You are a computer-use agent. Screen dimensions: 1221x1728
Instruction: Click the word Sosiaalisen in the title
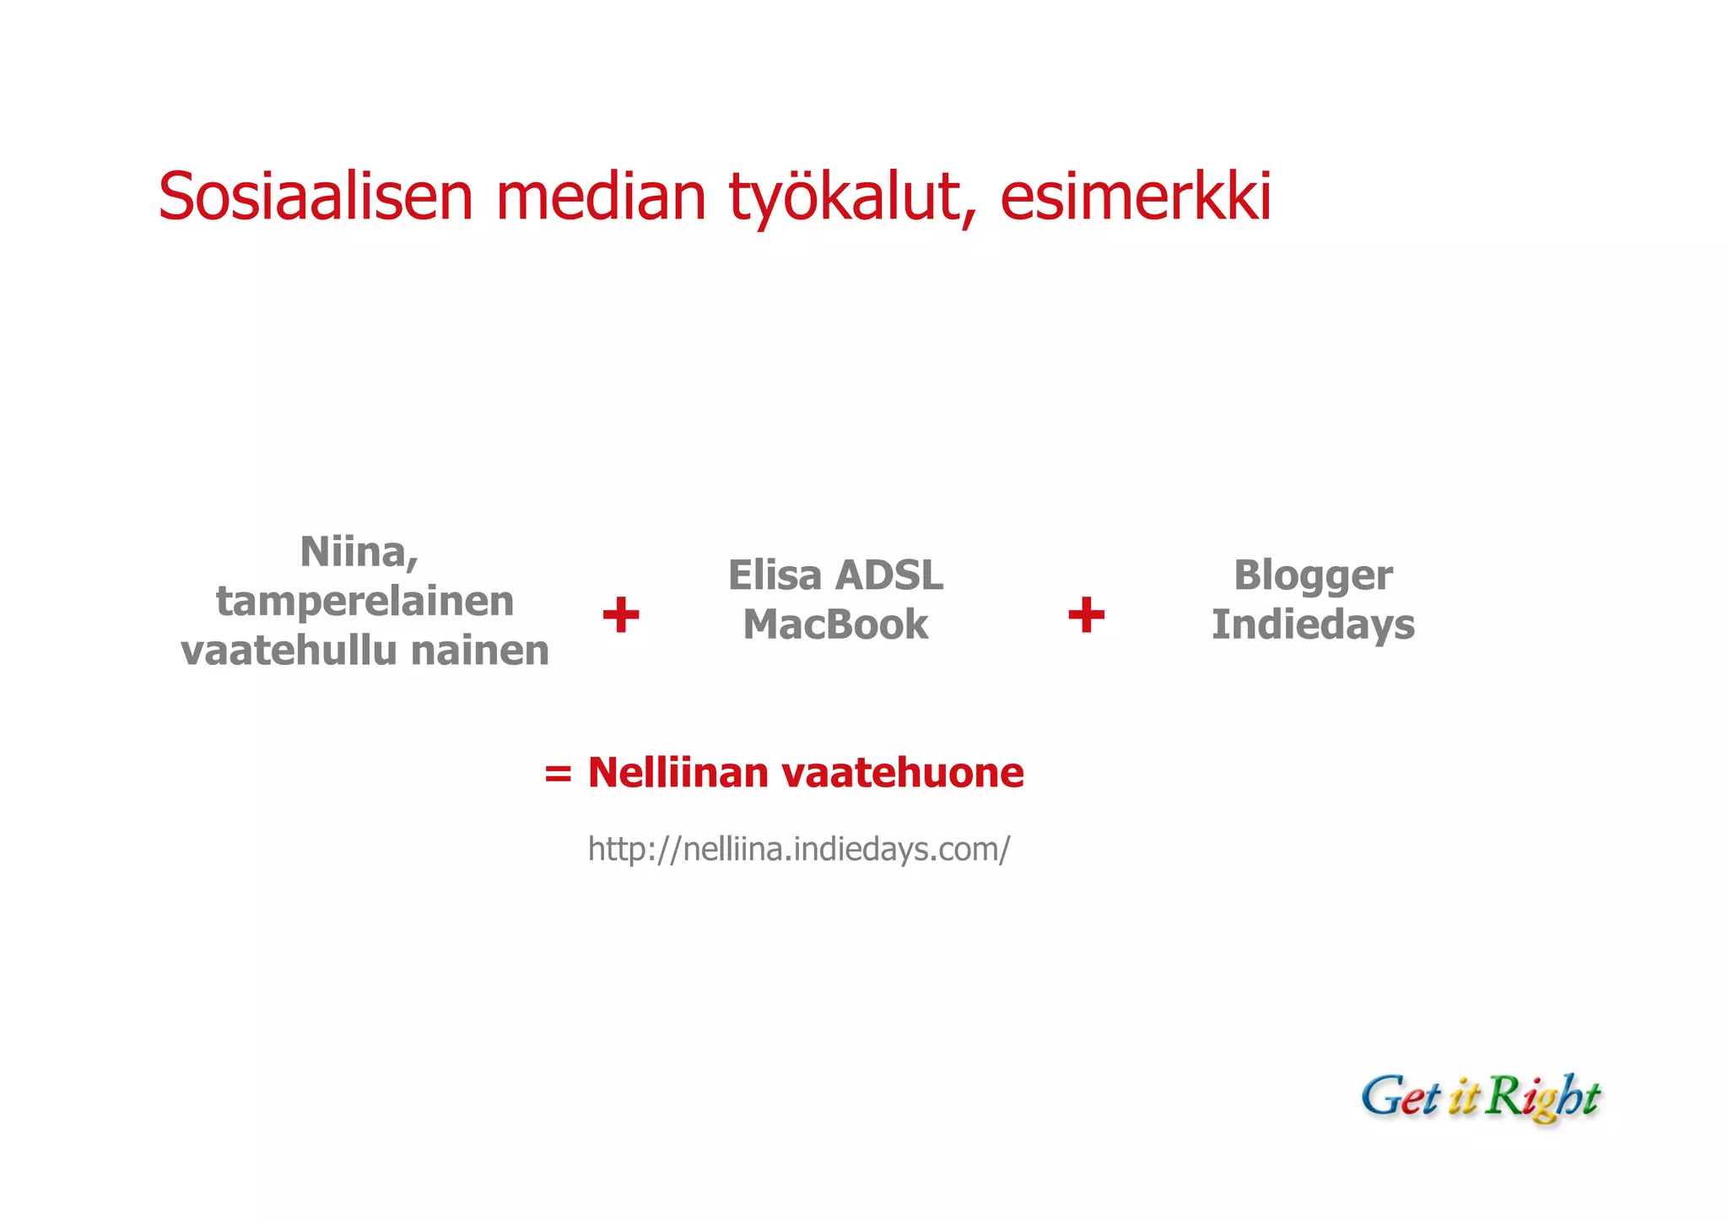[315, 197]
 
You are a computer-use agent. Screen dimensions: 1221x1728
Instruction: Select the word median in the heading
[601, 197]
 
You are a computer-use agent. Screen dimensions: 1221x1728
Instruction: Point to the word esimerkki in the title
[1135, 197]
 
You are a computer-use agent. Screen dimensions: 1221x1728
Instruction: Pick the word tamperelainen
[364, 602]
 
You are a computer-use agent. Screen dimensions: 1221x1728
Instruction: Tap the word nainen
[479, 651]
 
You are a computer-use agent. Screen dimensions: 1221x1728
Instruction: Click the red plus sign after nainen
[621, 614]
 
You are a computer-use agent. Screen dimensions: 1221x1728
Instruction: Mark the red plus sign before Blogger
[1086, 614]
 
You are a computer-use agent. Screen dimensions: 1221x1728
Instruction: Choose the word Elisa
[775, 575]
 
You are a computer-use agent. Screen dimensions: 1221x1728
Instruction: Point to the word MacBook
[835, 625]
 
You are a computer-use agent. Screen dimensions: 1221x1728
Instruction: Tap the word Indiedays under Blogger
[1313, 625]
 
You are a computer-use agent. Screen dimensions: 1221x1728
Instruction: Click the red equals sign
[558, 773]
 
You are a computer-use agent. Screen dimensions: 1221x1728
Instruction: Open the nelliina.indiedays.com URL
[798, 849]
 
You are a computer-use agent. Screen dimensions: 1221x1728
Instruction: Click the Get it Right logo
[1480, 1097]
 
